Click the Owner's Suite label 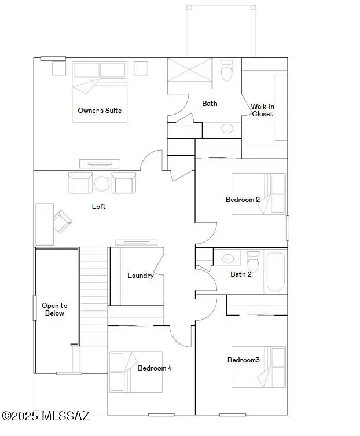pos(100,110)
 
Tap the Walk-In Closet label pos(262,110)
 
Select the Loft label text pos(99,206)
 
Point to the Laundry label pos(141,276)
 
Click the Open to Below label pos(54,309)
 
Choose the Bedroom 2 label pos(243,200)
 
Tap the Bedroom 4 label pos(155,368)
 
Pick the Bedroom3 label pos(243,360)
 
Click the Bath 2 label pos(241,274)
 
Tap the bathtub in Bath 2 pos(275,272)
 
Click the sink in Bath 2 pos(228,258)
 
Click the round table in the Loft pos(102,184)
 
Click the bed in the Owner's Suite pos(100,93)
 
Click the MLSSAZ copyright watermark pos(46,416)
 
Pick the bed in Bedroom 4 pos(136,372)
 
